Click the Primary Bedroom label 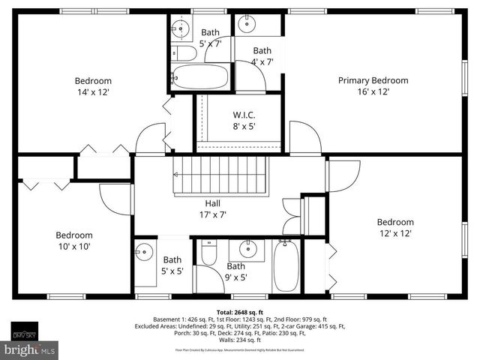point(373,80)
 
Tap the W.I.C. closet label point(244,115)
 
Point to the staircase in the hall point(221,175)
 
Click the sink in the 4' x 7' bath point(247,25)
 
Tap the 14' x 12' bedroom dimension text point(93,91)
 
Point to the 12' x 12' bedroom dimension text point(395,233)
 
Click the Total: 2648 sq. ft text point(238,311)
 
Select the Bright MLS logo point(30,349)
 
